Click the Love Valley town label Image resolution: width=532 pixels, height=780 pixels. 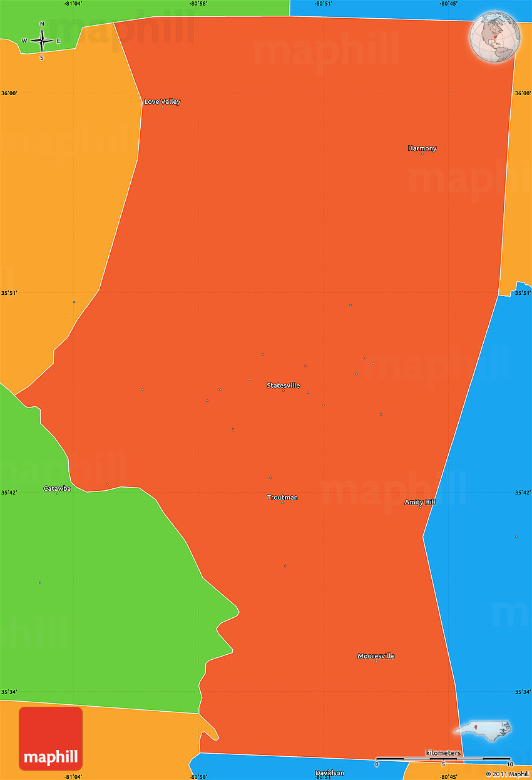click(x=162, y=101)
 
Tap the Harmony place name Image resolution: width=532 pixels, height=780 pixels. click(x=422, y=148)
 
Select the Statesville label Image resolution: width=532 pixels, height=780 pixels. click(x=283, y=385)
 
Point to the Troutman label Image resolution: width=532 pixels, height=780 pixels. click(x=282, y=498)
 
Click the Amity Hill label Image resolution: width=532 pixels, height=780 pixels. click(x=420, y=502)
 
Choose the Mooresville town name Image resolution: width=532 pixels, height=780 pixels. click(x=376, y=656)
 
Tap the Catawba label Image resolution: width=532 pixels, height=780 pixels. click(x=57, y=488)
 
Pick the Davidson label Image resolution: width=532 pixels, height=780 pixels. click(x=329, y=773)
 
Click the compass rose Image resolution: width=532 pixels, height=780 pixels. click(x=42, y=41)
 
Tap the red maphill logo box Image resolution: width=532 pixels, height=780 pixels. click(x=51, y=739)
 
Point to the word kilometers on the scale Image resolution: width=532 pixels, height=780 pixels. click(x=443, y=752)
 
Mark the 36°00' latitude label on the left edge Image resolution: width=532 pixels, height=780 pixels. click(x=9, y=93)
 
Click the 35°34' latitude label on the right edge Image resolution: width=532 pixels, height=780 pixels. click(x=523, y=692)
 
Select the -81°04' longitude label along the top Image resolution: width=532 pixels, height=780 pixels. click(x=73, y=4)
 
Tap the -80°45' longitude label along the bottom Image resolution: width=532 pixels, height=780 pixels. click(x=448, y=777)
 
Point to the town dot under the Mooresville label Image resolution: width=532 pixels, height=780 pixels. click(x=376, y=661)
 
